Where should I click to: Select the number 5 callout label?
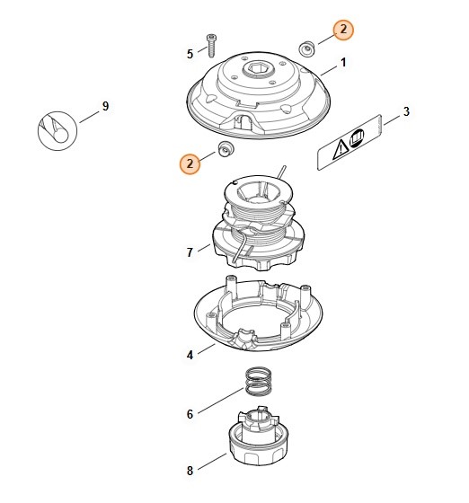190,54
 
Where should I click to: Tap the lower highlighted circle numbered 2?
189,163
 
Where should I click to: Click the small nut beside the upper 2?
305,46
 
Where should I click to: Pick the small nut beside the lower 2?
223,149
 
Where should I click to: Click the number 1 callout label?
343,66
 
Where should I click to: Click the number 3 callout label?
406,112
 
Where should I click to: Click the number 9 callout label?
105,107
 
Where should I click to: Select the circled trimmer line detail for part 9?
58,130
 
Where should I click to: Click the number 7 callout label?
190,252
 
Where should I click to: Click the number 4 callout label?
190,355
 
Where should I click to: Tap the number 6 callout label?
190,414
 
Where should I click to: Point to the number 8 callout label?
190,470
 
